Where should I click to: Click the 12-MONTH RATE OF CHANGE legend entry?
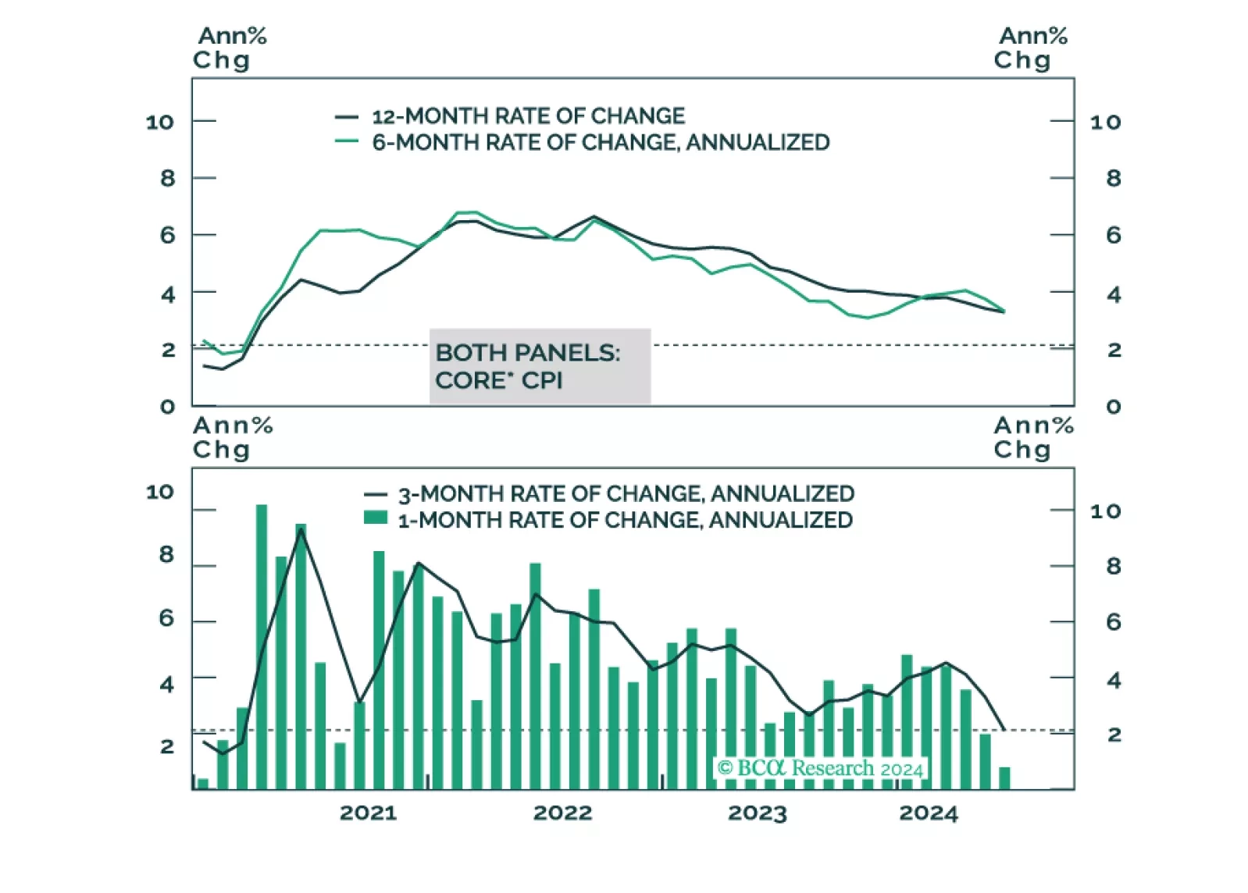click(x=528, y=116)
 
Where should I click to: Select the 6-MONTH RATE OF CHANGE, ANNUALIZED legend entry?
click(x=600, y=143)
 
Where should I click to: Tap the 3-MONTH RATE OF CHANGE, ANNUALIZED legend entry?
click(x=626, y=494)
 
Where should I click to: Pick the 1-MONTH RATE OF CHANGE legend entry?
click(x=625, y=521)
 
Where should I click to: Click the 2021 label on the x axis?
click(x=368, y=813)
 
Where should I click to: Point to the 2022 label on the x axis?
click(x=562, y=813)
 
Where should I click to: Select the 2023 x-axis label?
click(x=757, y=813)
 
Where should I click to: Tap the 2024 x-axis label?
click(x=928, y=813)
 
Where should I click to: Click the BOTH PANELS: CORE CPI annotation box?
click(x=539, y=366)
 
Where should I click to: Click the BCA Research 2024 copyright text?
click(x=820, y=769)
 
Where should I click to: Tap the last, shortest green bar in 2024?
click(x=1004, y=778)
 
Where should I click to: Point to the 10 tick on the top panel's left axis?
click(x=160, y=123)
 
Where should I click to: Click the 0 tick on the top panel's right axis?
click(x=1114, y=407)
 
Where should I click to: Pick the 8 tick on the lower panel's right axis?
click(x=1114, y=567)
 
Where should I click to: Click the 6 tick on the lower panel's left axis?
click(x=166, y=619)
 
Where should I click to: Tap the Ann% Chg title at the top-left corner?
click(x=230, y=48)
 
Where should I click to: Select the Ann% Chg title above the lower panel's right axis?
click(x=1032, y=438)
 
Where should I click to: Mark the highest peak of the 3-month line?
click(x=301, y=529)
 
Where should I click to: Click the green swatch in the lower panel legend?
click(x=376, y=518)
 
